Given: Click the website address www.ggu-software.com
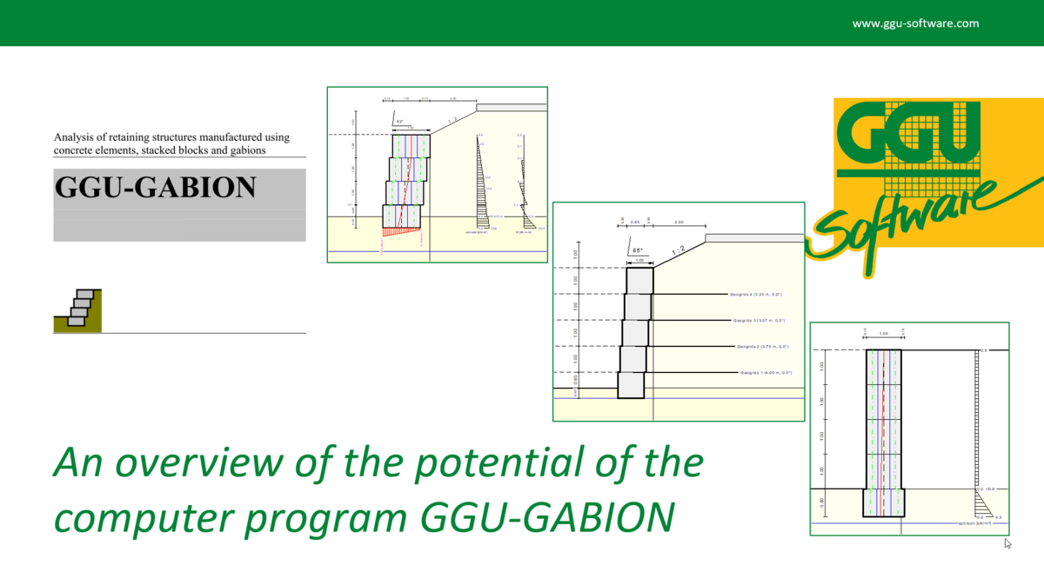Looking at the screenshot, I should point(915,23).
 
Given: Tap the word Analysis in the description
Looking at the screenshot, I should point(77,137).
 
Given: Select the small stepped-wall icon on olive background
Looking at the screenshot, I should point(77,309).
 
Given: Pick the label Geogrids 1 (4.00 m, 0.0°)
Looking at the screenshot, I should point(766,372).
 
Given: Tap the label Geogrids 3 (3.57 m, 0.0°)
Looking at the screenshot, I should point(760,320).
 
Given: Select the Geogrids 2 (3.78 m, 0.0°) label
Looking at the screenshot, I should point(763,346).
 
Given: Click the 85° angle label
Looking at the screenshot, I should point(638,250).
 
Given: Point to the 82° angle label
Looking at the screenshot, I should point(399,122).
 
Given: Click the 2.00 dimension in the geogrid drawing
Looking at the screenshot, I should point(679,223).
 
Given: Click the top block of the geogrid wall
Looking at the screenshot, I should point(639,280).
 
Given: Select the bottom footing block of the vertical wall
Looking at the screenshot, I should point(884,503).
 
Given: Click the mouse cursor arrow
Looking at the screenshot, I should point(1007,542).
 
